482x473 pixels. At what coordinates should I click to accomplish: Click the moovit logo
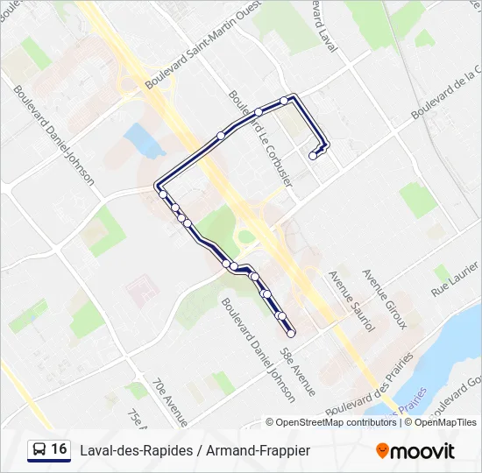[x=415, y=451]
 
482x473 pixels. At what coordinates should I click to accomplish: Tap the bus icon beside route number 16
[x=39, y=450]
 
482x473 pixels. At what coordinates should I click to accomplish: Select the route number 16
[x=60, y=449]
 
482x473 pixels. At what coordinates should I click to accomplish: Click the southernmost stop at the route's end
[x=291, y=333]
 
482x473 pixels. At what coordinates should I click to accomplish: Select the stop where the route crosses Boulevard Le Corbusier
[x=259, y=112]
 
